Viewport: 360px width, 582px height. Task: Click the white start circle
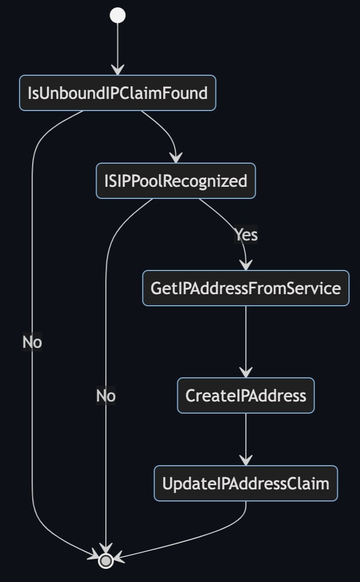(x=117, y=15)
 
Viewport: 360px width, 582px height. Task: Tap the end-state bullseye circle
(x=106, y=561)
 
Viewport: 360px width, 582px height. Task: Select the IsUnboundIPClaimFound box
(x=117, y=93)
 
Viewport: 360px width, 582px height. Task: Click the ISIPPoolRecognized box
(x=176, y=181)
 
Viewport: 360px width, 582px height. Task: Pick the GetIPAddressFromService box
(x=246, y=288)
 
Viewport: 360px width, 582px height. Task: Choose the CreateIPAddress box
(x=246, y=395)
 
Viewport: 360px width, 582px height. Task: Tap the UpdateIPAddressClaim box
(x=246, y=484)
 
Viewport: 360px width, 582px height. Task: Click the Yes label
(x=246, y=235)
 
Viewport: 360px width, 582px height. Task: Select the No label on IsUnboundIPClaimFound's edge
(x=32, y=342)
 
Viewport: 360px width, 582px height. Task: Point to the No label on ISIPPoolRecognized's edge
(x=106, y=396)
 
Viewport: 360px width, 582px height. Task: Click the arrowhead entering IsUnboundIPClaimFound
(x=117, y=70)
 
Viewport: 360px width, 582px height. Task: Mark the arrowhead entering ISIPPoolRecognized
(x=176, y=158)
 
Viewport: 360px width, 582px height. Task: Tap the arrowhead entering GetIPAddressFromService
(x=246, y=265)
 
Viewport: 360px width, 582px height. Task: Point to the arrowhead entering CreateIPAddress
(x=246, y=372)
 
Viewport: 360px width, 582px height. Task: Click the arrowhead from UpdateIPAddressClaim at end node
(x=118, y=558)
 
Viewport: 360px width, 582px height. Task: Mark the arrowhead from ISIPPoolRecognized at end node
(x=106, y=549)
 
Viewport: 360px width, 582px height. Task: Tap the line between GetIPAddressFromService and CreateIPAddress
(x=246, y=337)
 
